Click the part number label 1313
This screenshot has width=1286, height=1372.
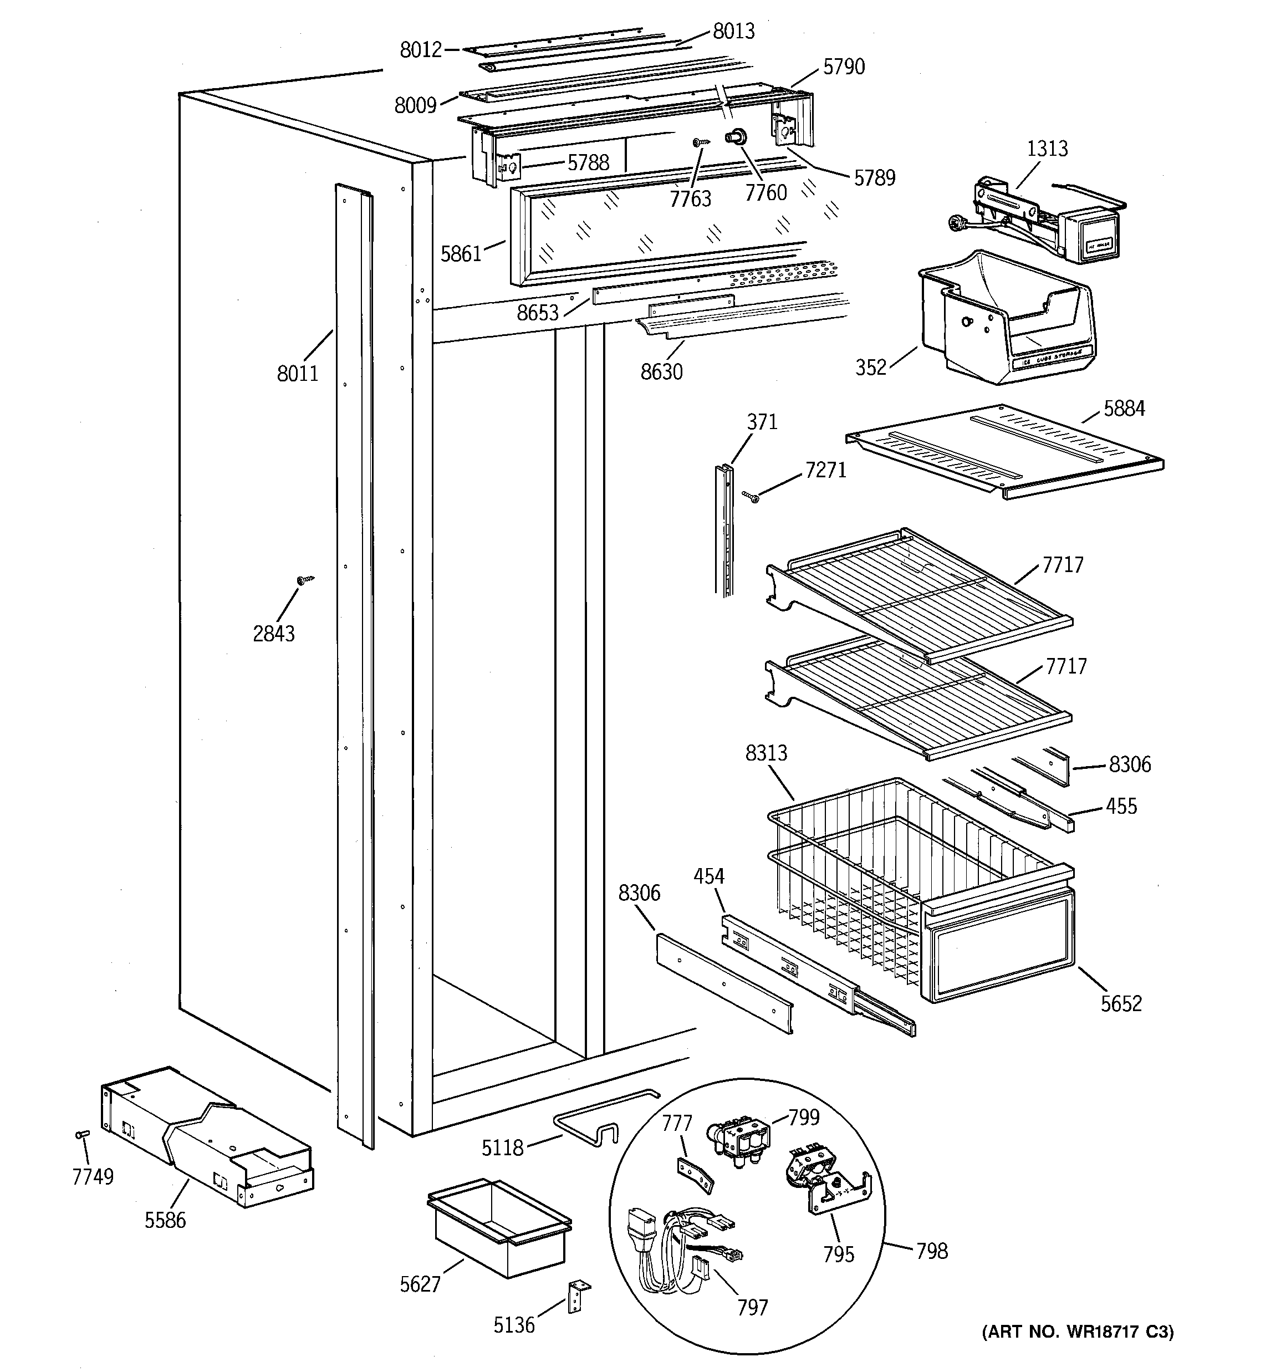click(x=1047, y=149)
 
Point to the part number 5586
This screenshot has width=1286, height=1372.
click(x=165, y=1220)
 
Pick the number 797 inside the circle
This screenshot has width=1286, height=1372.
click(x=752, y=1307)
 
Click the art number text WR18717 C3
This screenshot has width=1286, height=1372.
click(x=1078, y=1332)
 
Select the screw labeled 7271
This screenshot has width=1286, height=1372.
click(x=751, y=496)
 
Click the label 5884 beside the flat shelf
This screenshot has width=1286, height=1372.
click(x=1124, y=409)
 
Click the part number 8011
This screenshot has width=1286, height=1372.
click(x=298, y=374)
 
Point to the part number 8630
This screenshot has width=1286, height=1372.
click(x=661, y=372)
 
